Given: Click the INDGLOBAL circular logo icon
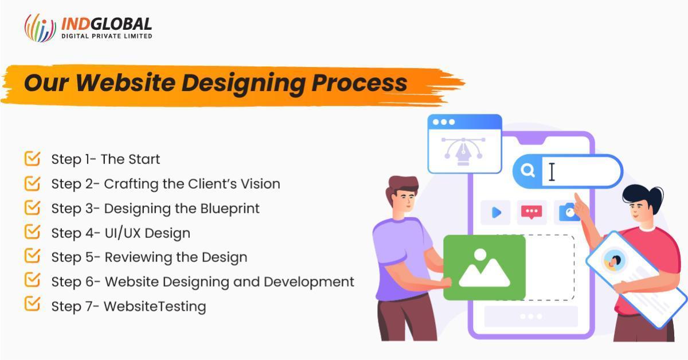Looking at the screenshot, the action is [40, 28].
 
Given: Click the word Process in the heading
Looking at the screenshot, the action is [359, 83].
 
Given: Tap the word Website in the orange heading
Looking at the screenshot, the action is [126, 83].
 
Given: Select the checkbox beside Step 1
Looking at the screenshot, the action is [32, 158].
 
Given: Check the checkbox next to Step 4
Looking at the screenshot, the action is [32, 232].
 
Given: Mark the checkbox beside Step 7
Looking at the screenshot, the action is [32, 303].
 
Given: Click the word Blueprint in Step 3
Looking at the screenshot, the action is [230, 209].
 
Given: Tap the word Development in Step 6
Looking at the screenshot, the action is [309, 282].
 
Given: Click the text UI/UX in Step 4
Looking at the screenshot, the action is [123, 233].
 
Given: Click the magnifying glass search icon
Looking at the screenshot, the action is [527, 170].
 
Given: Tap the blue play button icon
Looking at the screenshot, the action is [496, 212].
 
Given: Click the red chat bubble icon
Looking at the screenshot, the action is [531, 212].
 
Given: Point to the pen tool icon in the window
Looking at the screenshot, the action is [463, 151].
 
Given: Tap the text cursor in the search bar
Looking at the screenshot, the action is [552, 172].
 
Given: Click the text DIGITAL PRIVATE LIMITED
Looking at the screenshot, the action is [107, 36].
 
